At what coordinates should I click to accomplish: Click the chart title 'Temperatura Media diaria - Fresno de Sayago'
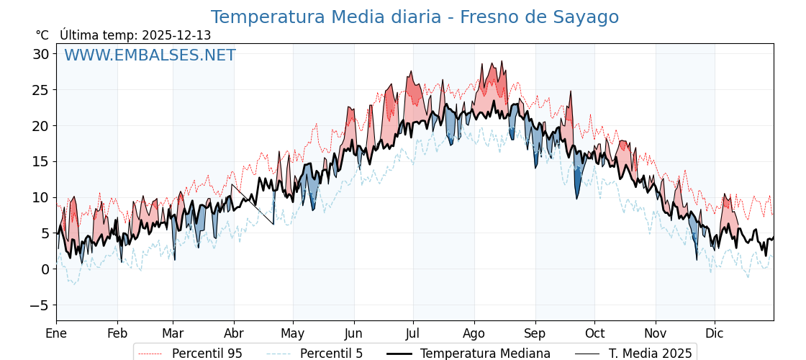coord(415,17)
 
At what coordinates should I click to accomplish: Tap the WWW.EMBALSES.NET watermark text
coord(150,55)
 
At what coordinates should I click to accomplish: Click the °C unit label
coord(42,35)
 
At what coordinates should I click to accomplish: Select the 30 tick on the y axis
coord(41,54)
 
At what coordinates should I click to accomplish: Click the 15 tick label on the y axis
coord(41,161)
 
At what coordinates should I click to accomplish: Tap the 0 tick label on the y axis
coord(45,269)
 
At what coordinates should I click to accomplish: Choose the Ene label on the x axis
coord(56,333)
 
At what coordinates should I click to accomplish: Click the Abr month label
coord(234,333)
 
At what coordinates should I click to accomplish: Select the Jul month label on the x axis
coord(413,333)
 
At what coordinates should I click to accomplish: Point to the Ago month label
coord(474,333)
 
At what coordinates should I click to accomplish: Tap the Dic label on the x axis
coord(715,333)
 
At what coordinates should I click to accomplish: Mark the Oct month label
coord(594,333)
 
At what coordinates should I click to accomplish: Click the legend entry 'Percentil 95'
coord(207,354)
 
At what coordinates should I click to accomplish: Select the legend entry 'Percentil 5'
coord(331,354)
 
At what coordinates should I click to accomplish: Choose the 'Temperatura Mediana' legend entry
coord(485,354)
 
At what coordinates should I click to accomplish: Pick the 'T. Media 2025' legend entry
coord(650,354)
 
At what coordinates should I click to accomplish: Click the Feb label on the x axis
coord(117,333)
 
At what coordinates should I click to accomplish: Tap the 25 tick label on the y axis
coord(41,90)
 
